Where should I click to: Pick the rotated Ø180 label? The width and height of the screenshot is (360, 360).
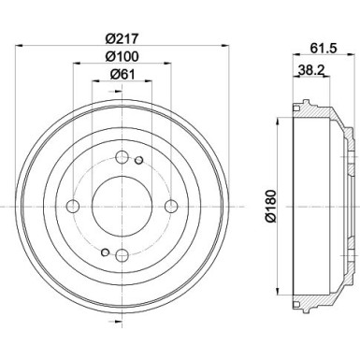tap(270, 204)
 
